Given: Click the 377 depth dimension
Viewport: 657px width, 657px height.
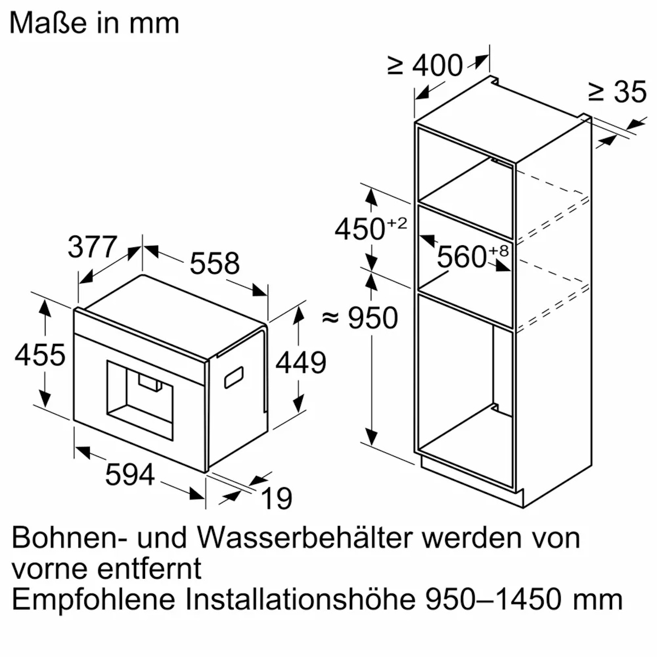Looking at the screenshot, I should click(93, 247).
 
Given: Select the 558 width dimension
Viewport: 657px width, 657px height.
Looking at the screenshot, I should click(215, 263).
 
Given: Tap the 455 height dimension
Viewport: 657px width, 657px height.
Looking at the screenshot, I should click(40, 354).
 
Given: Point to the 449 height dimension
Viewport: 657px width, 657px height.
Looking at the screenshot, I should click(301, 362).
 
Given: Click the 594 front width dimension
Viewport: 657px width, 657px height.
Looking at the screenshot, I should click(130, 474).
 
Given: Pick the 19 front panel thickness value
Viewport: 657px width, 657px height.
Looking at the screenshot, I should click(276, 498).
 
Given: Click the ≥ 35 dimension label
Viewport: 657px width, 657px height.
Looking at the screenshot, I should click(617, 91).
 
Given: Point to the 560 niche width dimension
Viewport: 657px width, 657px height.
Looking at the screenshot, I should click(462, 256).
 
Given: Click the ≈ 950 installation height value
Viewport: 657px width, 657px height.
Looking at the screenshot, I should click(360, 318).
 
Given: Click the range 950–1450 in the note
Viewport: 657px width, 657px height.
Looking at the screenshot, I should click(495, 600).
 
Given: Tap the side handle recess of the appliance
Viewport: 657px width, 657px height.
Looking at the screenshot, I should click(234, 377).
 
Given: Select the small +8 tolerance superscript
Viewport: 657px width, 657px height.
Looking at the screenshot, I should click(499, 250).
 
